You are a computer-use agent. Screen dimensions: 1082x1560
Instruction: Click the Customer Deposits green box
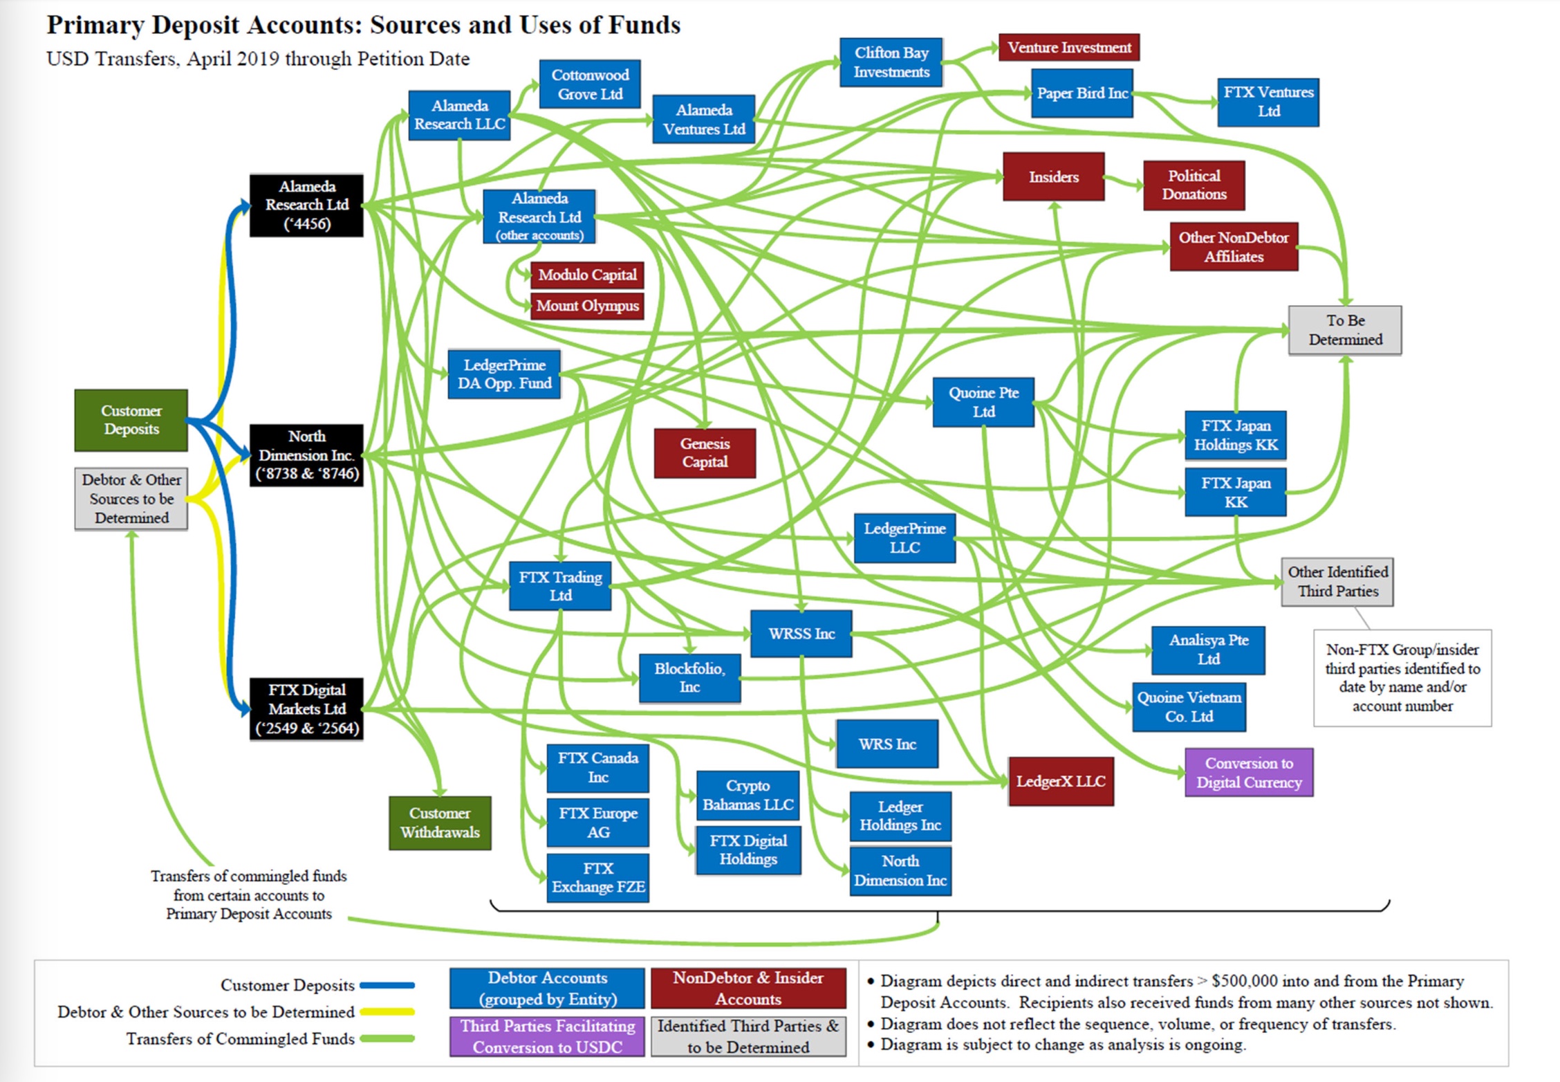click(131, 420)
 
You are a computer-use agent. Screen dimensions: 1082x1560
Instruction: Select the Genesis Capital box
click(705, 453)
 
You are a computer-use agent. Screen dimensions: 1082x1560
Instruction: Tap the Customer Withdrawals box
click(440, 823)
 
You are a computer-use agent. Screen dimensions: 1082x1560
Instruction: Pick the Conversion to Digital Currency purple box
click(1249, 773)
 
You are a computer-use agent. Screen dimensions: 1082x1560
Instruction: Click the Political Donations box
click(1194, 185)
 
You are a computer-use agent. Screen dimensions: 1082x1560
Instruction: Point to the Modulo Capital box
click(587, 275)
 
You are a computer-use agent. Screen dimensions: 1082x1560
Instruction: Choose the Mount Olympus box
click(587, 306)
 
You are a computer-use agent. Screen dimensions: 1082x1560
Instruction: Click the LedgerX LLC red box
click(1061, 781)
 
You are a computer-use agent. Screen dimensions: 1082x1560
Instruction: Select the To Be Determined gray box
click(1345, 330)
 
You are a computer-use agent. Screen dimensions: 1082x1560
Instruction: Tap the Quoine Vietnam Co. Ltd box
click(1189, 707)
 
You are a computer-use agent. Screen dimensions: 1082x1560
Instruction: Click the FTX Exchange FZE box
click(598, 878)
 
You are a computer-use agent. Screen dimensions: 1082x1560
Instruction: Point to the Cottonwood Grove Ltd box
click(590, 84)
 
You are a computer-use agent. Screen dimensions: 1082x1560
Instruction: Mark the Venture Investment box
click(1069, 47)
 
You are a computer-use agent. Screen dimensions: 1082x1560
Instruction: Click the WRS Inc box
click(887, 744)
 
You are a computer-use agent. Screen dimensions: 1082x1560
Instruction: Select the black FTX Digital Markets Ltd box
click(306, 709)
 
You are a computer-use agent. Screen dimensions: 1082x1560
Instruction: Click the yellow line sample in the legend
click(387, 1012)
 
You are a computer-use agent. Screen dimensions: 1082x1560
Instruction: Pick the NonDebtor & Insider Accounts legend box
click(748, 988)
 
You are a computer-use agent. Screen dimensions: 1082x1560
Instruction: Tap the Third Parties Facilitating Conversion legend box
click(547, 1036)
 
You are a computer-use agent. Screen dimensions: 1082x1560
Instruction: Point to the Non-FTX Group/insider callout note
click(1402, 678)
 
